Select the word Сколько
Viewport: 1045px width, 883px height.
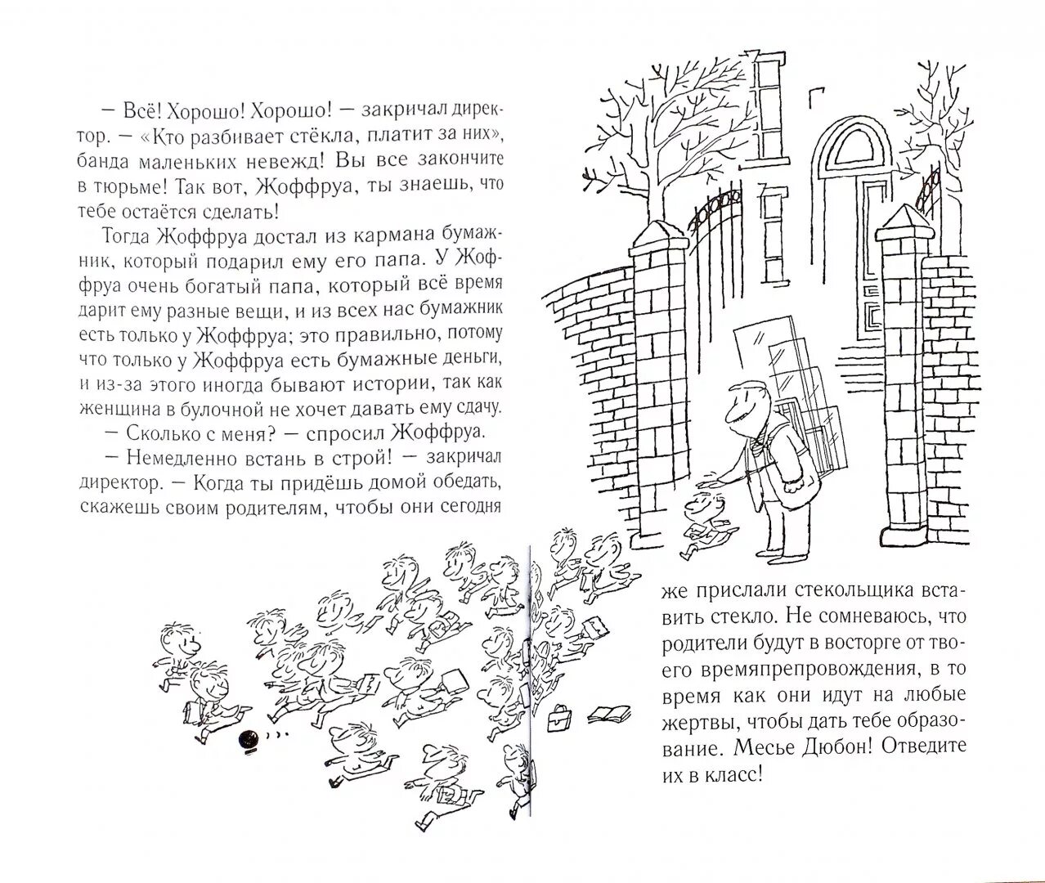tap(155, 430)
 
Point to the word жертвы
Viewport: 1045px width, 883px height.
tap(686, 720)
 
